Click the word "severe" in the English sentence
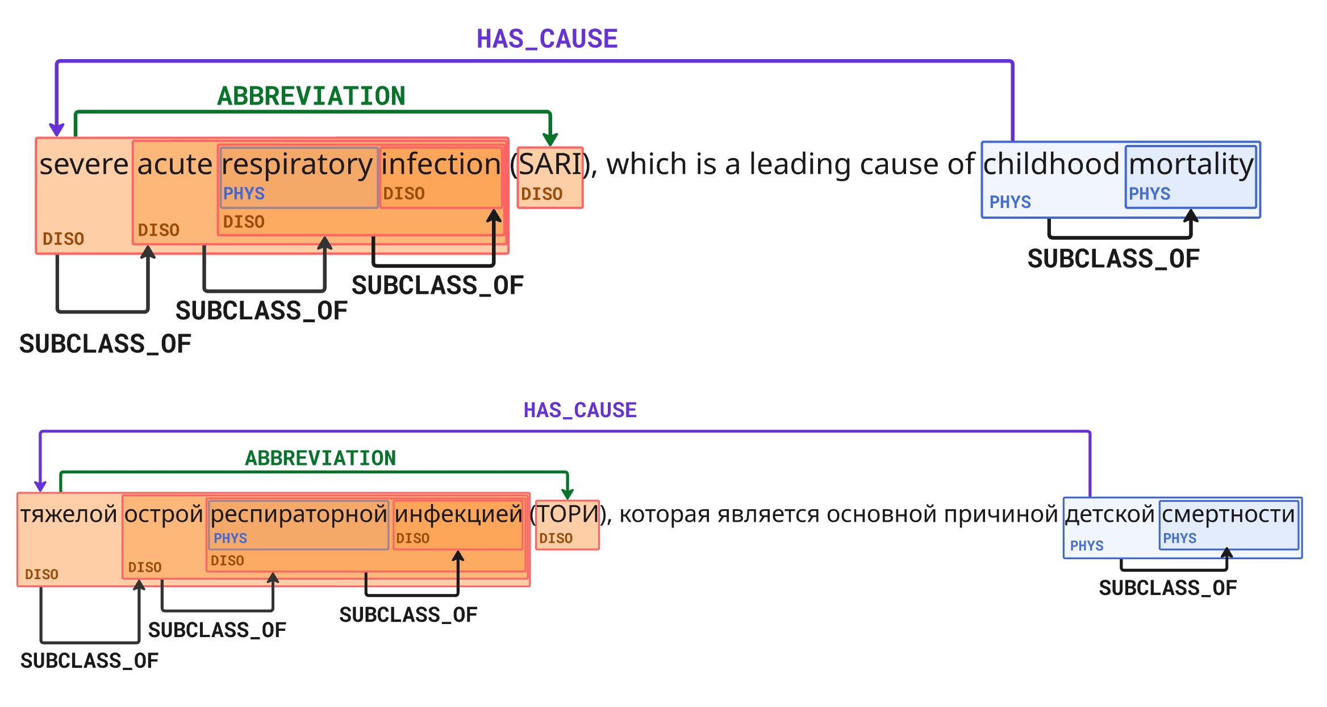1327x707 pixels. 84,165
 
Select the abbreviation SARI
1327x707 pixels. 550,165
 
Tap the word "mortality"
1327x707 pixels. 1191,165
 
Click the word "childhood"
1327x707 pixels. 1051,165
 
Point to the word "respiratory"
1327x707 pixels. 297,165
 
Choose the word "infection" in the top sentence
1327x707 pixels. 441,165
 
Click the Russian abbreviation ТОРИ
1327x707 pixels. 567,514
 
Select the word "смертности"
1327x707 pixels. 1228,514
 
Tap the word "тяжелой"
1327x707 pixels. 69,514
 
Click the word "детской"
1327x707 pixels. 1109,514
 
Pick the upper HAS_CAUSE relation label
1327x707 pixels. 546,39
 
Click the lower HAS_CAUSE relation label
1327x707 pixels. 580,410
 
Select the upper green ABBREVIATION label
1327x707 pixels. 311,96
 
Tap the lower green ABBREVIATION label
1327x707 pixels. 320,458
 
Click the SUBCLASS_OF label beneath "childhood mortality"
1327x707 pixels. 1113,259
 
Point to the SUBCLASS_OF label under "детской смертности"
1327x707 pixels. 1167,588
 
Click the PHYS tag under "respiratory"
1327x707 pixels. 244,194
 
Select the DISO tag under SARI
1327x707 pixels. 541,194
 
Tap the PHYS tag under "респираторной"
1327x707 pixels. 230,538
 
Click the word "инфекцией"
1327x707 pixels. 458,514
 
